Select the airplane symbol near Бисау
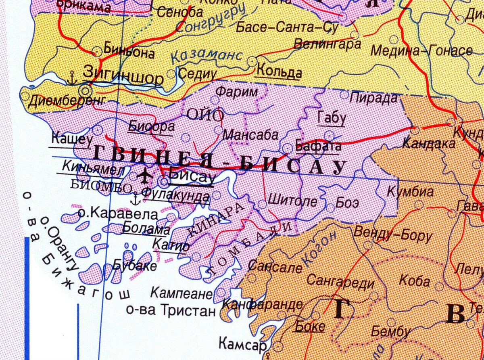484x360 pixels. tap(144, 177)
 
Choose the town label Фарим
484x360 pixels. tap(236, 92)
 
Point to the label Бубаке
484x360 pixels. tap(134, 266)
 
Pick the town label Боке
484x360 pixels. tap(310, 326)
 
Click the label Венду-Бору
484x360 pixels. tap(392, 235)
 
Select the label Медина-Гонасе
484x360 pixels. tap(421, 51)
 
